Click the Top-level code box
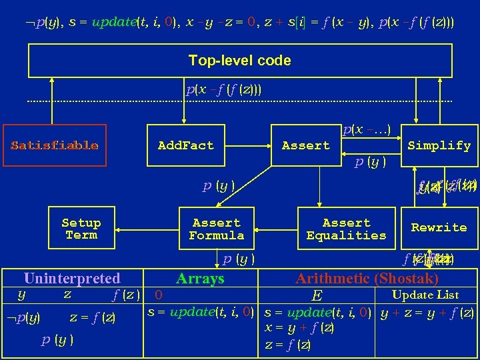pos(239,61)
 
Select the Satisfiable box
pos(55,145)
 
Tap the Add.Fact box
pos(185,145)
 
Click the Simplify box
pos(439,145)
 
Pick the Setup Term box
pos(81,229)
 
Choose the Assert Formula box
pos(216,229)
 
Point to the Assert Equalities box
pos(346,229)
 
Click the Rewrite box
pos(439,228)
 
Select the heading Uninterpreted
pos(72,279)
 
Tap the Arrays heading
pos(200,279)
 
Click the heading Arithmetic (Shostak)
pos(367,279)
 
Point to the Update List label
pos(425,295)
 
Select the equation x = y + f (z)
pos(299,328)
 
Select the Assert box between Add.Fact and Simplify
pos(305,145)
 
